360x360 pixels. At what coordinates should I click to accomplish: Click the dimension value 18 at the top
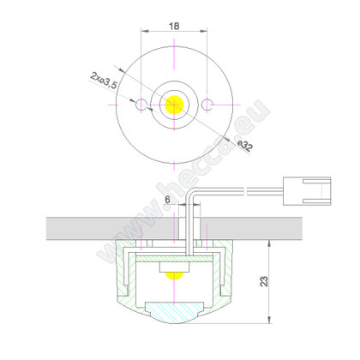[x=174, y=27]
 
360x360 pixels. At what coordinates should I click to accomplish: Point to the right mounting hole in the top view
[x=207, y=105]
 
